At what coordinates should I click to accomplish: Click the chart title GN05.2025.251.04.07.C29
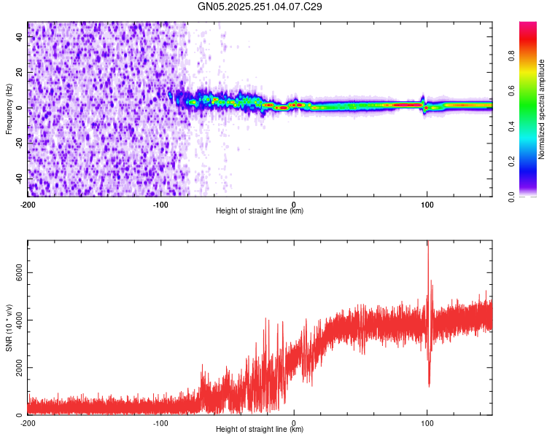pos(260,7)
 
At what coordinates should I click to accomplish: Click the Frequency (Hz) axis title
pos(9,109)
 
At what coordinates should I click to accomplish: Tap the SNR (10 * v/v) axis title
pos(9,328)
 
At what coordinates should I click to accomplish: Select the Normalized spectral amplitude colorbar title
pos(542,109)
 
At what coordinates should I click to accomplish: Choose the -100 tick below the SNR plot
pos(160,422)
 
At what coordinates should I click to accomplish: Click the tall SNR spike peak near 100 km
pos(428,243)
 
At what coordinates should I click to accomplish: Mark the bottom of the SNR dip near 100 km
pos(429,386)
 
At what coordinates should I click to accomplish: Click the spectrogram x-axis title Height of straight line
pos(260,211)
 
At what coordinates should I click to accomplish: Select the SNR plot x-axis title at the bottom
pos(260,430)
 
